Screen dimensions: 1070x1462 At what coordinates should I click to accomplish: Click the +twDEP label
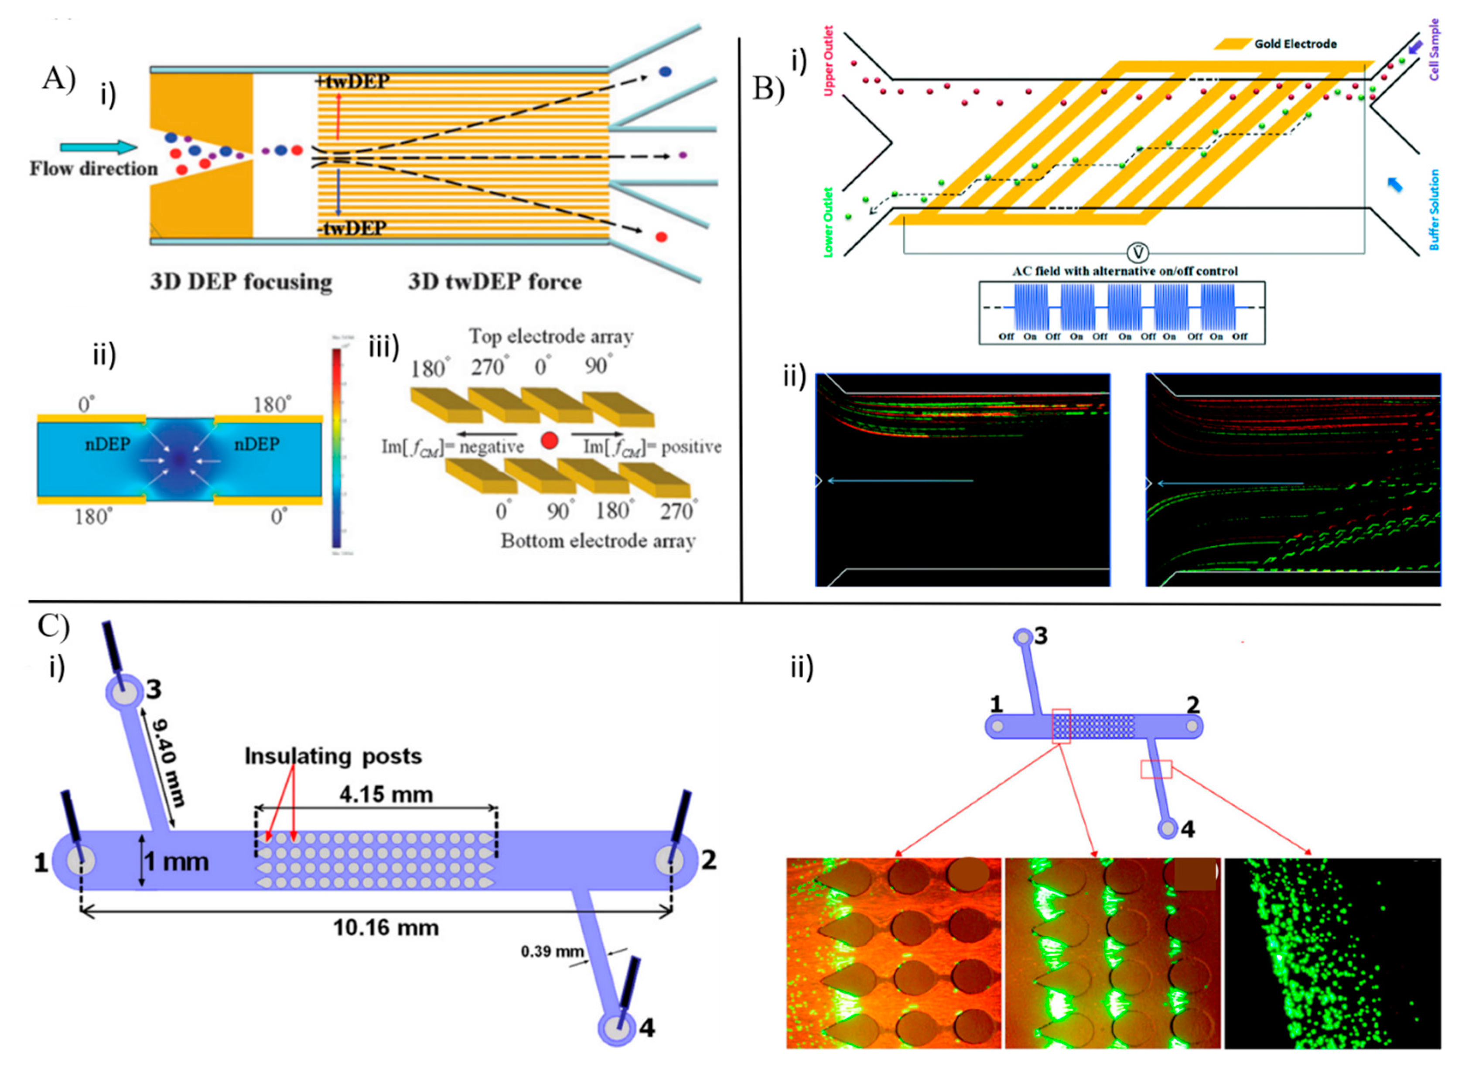(x=352, y=82)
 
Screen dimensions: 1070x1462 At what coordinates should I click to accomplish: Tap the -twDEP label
(x=352, y=228)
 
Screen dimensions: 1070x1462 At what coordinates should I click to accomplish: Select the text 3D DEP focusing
(x=241, y=282)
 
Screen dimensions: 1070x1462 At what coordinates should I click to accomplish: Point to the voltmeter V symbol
(x=1137, y=253)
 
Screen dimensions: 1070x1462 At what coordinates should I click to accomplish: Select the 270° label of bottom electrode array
(x=678, y=511)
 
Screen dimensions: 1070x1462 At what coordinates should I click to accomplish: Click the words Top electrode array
(x=551, y=336)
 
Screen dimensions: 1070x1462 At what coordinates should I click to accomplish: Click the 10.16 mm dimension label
(x=386, y=927)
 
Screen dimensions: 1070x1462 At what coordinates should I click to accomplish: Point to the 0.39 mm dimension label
(x=552, y=951)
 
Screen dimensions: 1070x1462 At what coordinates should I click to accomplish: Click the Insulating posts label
(x=333, y=756)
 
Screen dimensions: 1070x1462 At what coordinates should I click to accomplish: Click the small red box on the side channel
(x=1156, y=769)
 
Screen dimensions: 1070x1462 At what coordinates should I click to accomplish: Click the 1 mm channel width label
(x=176, y=861)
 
